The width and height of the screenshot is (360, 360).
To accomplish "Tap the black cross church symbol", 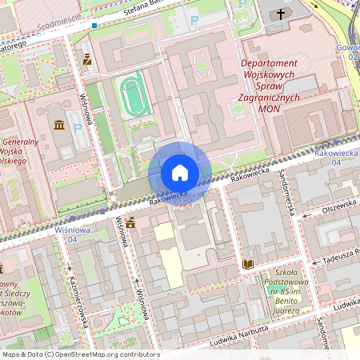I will [281, 14].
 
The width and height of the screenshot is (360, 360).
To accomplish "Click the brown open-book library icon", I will [248, 263].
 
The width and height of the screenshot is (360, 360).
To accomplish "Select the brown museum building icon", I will [60, 125].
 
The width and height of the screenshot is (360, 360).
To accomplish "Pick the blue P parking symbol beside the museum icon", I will [78, 126].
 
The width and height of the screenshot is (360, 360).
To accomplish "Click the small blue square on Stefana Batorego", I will [95, 26].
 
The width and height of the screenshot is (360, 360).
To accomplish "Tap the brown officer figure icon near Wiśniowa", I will [87, 58].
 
